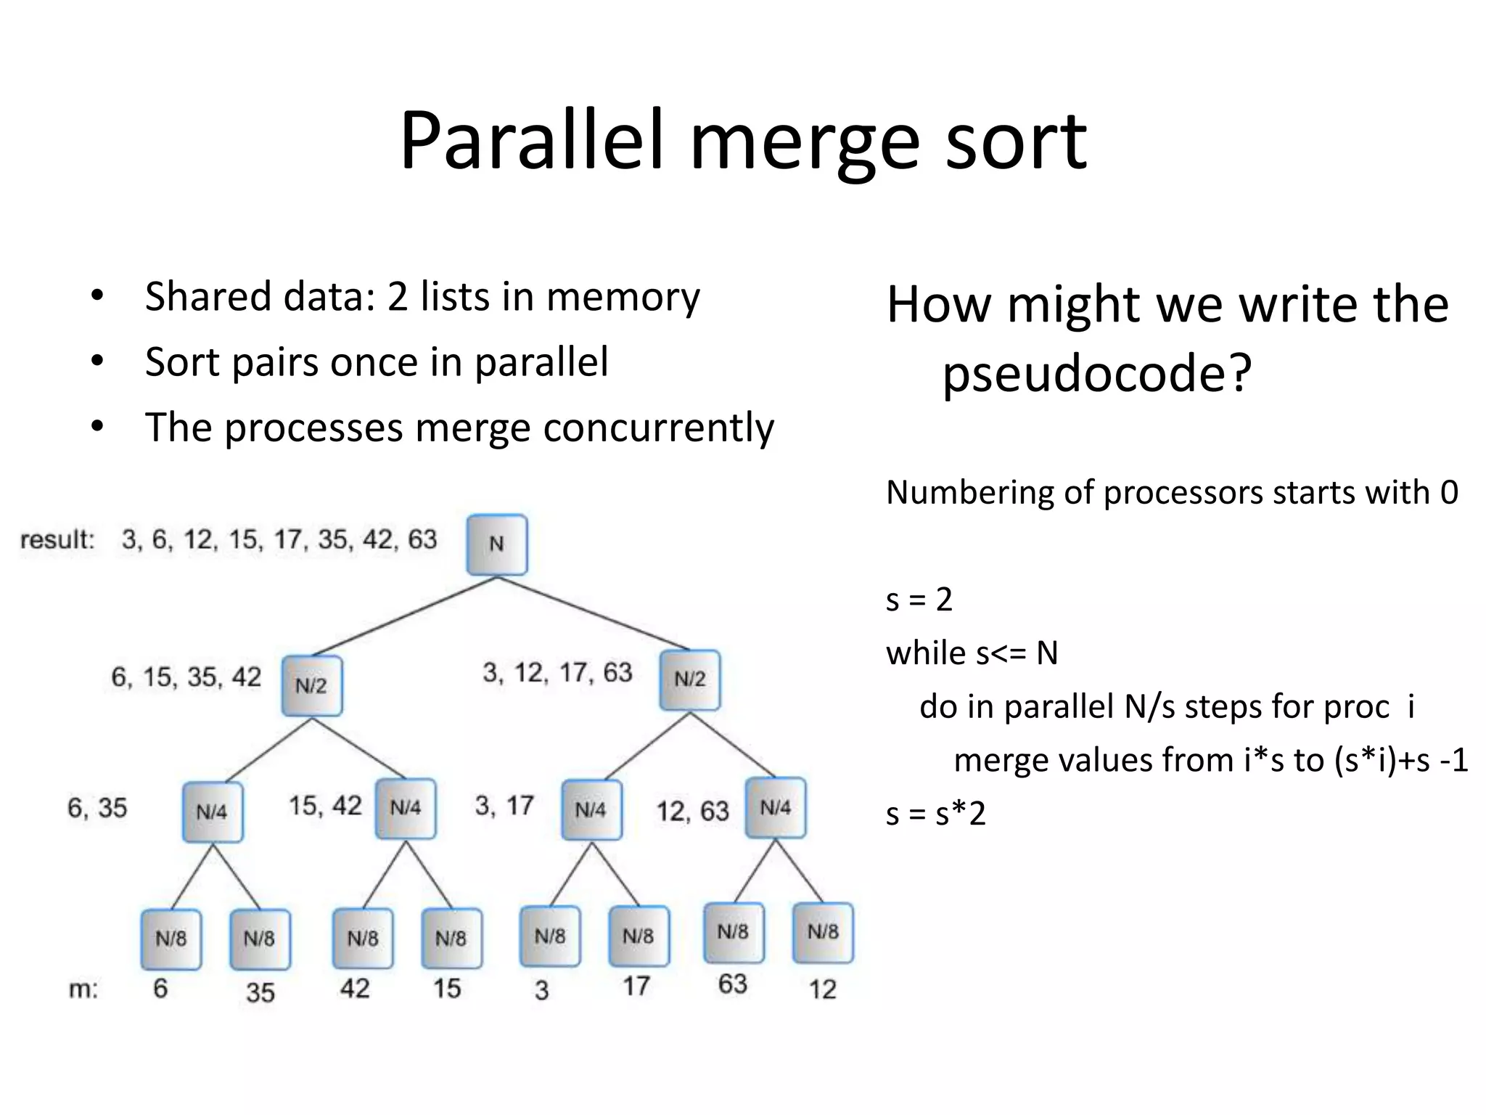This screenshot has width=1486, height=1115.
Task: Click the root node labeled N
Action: click(x=496, y=544)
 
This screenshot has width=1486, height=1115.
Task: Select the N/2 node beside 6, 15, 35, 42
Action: click(x=311, y=686)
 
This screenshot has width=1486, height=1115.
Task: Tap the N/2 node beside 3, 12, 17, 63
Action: click(x=689, y=679)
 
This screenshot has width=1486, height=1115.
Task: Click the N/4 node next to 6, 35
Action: click(x=212, y=812)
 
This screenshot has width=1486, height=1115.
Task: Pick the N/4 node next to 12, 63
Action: click(x=775, y=807)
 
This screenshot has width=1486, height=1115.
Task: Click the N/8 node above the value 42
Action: click(x=362, y=939)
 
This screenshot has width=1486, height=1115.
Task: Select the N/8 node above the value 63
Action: click(x=733, y=932)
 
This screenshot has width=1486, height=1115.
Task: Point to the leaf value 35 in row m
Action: click(x=260, y=992)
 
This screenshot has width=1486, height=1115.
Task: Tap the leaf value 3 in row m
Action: click(x=541, y=990)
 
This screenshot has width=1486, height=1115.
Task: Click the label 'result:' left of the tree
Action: click(x=57, y=540)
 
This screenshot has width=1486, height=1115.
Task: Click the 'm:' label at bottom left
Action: click(x=83, y=989)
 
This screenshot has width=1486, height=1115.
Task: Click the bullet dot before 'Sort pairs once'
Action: click(x=97, y=362)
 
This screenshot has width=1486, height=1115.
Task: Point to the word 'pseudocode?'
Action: click(x=1096, y=374)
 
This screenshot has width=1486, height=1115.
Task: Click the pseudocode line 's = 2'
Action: click(x=919, y=600)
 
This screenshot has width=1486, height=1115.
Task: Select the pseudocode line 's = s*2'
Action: click(x=935, y=814)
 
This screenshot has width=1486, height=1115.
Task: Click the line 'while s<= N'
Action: click(x=972, y=653)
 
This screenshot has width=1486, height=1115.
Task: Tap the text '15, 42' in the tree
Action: click(x=325, y=806)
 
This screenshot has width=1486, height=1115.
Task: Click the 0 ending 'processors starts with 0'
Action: click(x=1448, y=493)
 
